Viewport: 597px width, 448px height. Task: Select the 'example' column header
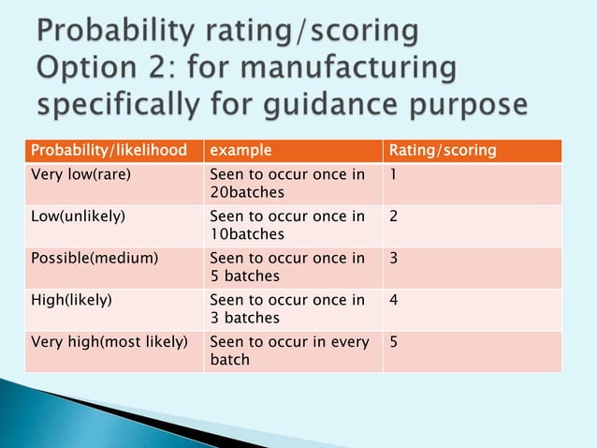coord(240,150)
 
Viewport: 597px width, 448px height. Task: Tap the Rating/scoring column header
coord(443,150)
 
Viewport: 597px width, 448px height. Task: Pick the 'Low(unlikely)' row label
coord(79,217)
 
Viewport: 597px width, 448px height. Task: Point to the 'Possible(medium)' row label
coord(95,258)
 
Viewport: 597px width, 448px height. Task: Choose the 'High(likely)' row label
coord(72,300)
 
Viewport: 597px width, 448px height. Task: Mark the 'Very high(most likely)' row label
coord(109,342)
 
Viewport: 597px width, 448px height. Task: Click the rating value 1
coord(394,174)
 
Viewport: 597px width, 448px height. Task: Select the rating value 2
coord(394,217)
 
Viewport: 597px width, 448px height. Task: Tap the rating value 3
coord(394,258)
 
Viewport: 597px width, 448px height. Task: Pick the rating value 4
coord(394,300)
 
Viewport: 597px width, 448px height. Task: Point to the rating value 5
coord(394,342)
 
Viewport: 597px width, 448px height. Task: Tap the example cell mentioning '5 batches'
coord(286,266)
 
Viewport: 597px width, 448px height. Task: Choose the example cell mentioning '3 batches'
coord(286,308)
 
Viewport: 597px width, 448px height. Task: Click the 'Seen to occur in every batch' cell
coord(289,351)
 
